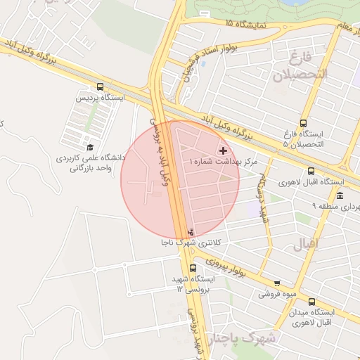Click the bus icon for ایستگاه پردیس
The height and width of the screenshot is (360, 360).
[101, 86]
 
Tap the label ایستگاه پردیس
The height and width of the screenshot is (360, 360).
[101, 98]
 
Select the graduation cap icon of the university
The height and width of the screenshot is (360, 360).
[90, 147]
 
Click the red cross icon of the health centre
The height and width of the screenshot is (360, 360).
[224, 150]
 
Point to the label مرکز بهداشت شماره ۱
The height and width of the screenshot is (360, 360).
[224, 162]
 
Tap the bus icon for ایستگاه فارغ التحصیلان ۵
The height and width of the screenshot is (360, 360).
[304, 122]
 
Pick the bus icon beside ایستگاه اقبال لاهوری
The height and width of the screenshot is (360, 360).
[311, 171]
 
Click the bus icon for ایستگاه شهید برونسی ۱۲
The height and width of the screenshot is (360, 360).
[193, 268]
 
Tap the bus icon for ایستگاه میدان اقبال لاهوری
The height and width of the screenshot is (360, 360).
[311, 302]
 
